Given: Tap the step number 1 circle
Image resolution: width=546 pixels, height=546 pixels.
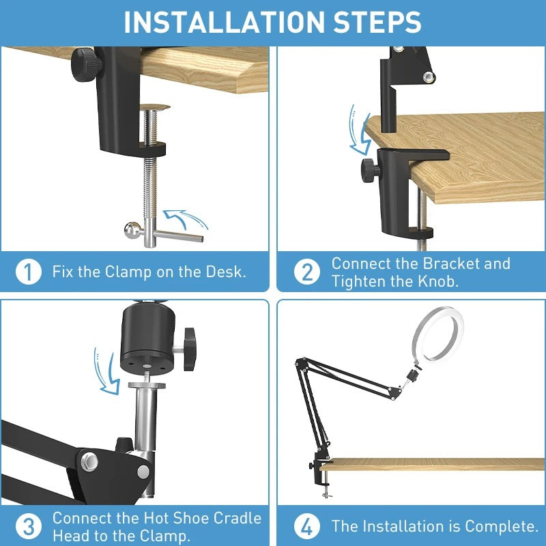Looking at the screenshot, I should (x=28, y=272).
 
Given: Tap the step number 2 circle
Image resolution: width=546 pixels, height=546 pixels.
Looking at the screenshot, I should (x=307, y=272).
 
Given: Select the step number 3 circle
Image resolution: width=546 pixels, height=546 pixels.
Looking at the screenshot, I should (x=28, y=527).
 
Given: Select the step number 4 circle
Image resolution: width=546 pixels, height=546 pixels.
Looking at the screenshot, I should (x=307, y=527).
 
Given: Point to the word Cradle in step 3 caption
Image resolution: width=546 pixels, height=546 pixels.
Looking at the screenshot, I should (x=235, y=518).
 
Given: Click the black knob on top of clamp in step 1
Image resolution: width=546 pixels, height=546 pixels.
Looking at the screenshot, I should (x=89, y=61).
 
